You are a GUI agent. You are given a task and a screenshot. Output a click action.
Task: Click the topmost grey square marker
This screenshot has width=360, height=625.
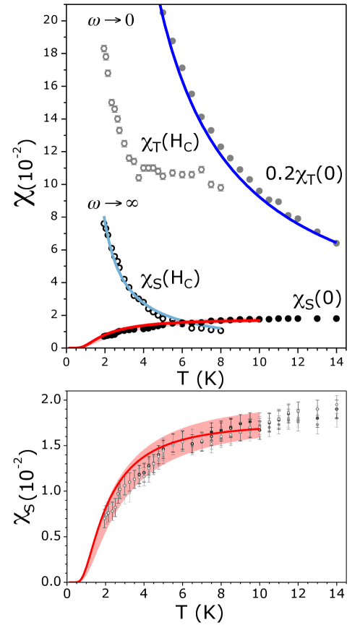point(103,48)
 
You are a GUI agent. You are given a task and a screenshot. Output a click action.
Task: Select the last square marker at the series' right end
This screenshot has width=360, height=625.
point(220,188)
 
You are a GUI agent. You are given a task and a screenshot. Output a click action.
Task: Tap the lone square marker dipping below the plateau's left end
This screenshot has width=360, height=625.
point(139,178)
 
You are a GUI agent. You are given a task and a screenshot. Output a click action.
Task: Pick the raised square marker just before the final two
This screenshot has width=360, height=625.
point(201,170)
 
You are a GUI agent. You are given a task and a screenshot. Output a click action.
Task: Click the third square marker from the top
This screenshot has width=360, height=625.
point(108,73)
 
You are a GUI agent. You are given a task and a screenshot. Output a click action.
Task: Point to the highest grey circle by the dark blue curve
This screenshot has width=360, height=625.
point(163,12)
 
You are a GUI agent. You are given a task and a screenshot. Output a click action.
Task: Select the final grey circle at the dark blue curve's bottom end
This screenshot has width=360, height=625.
point(336,243)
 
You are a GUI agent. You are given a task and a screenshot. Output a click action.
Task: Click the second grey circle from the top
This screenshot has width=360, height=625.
point(173,41)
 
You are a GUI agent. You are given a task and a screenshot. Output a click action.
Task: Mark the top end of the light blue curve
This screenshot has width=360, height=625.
point(104,217)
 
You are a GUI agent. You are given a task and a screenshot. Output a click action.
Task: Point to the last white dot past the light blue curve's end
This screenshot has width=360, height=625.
point(220,330)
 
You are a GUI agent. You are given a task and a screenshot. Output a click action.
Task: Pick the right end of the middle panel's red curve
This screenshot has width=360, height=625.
point(259,320)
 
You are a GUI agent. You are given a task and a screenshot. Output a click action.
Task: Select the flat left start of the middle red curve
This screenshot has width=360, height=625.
point(72,347)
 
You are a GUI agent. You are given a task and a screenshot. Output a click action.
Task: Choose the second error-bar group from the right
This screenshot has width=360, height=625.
point(317,416)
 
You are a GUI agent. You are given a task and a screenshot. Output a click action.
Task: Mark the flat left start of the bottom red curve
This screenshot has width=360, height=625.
point(72,581)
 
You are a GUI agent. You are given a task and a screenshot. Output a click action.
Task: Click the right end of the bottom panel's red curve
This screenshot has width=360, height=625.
point(260,429)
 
